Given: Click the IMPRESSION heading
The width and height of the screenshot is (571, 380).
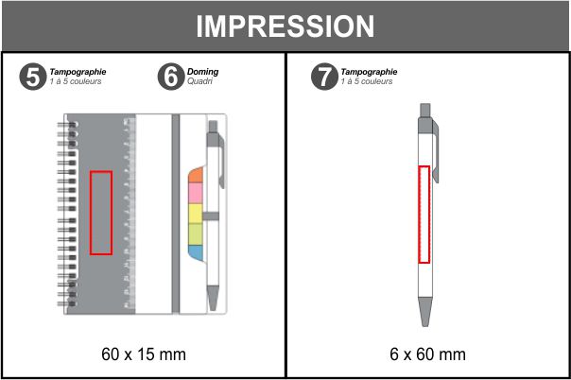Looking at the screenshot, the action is click(x=285, y=26).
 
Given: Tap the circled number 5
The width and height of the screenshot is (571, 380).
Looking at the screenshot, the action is click(x=33, y=77).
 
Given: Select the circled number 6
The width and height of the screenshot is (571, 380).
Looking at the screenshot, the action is click(x=171, y=77).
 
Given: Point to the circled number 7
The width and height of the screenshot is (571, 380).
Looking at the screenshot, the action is click(x=324, y=77).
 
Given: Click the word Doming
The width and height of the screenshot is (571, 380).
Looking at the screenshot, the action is click(x=203, y=72).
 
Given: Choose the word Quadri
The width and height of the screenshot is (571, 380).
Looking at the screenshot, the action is click(x=199, y=81).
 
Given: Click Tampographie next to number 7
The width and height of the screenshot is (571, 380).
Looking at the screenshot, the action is click(x=369, y=72).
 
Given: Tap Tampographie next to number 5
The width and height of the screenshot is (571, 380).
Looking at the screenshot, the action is click(x=78, y=72).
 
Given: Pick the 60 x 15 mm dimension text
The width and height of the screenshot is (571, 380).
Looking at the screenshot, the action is click(x=144, y=354).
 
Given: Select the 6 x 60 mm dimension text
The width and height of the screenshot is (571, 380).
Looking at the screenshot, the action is click(x=427, y=354).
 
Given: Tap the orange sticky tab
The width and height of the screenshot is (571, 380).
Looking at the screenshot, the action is click(x=196, y=176).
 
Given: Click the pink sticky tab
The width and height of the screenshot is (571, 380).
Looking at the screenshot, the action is click(x=196, y=193).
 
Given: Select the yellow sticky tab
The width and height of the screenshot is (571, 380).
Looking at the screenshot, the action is click(x=196, y=214).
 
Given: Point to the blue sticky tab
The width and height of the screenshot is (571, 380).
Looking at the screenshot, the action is click(x=196, y=252).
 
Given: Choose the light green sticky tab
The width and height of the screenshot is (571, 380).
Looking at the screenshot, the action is click(x=196, y=234).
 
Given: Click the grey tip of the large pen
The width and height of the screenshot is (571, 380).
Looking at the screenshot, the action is click(x=425, y=312).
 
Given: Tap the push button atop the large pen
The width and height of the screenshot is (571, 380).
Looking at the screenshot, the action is click(x=425, y=111).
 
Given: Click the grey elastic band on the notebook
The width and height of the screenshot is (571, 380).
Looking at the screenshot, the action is click(x=176, y=214).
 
